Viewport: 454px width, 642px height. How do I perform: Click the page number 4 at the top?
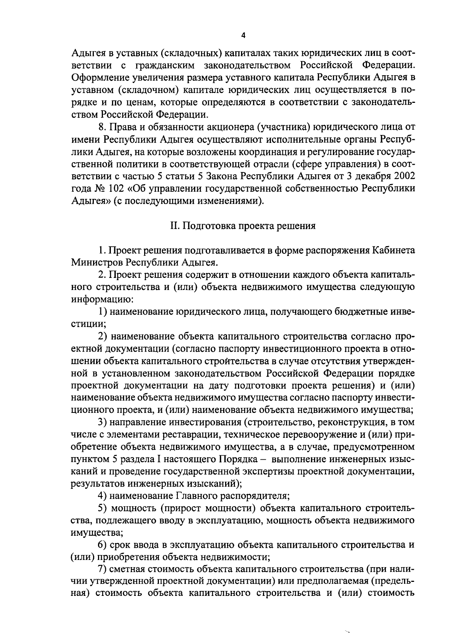click(x=243, y=35)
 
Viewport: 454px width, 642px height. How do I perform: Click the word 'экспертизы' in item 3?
click(x=267, y=471)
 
